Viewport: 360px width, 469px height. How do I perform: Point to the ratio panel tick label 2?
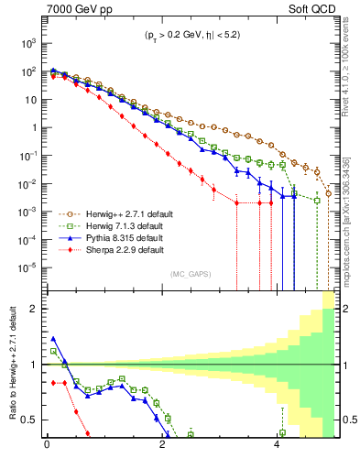click(34, 309)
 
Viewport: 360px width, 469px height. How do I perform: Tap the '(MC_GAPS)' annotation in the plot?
click(188, 274)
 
